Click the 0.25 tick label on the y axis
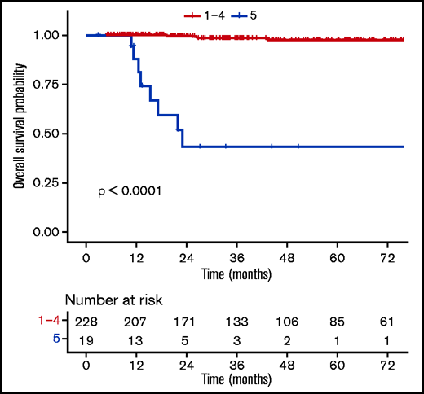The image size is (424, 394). [49, 183]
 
